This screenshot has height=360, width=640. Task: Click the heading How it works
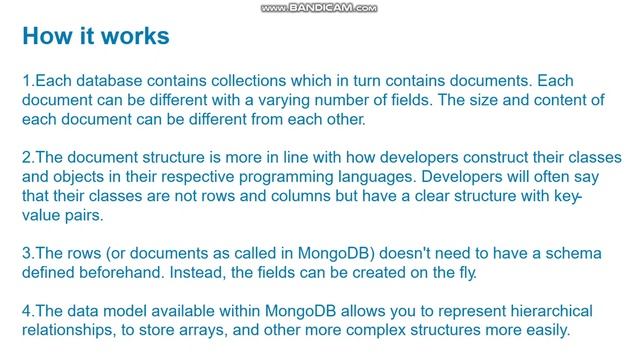pos(95,37)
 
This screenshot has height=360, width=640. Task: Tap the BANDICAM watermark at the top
pos(319,8)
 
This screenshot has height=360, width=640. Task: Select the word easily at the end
pos(544,330)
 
